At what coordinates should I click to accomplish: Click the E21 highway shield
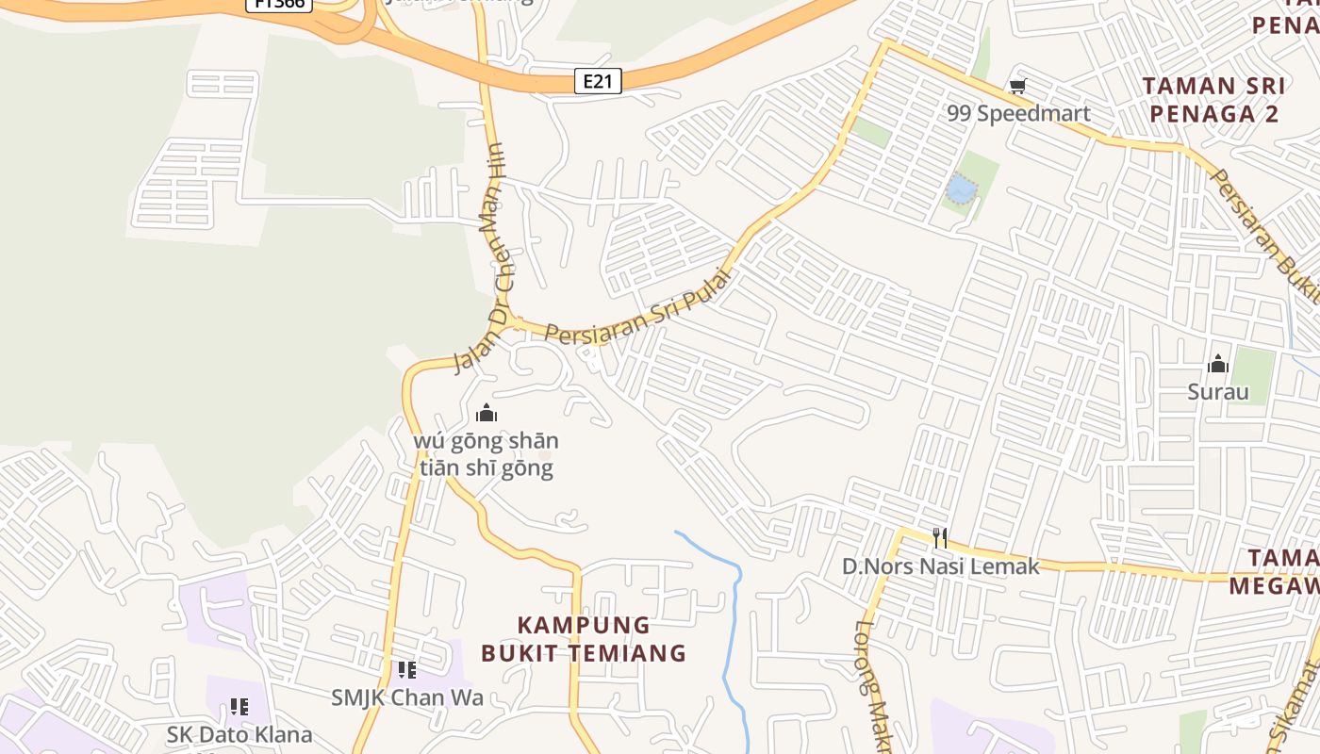click(598, 81)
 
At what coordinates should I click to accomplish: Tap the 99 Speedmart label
click(1018, 114)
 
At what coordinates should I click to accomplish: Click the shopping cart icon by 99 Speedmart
click(1017, 88)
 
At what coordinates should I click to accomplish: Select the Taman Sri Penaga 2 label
click(1213, 100)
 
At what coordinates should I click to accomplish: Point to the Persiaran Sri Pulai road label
click(639, 307)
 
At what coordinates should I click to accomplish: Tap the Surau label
click(1217, 392)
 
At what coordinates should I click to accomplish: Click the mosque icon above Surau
click(1218, 364)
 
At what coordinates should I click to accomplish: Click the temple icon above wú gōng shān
click(487, 413)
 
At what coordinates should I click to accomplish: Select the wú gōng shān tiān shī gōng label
click(487, 453)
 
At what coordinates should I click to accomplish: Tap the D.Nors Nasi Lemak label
click(940, 566)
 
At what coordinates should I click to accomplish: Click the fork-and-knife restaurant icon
click(939, 538)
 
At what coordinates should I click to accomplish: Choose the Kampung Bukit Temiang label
click(584, 638)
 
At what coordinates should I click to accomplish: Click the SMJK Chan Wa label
click(406, 697)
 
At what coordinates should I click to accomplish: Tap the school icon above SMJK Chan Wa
click(406, 670)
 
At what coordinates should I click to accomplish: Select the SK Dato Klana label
click(239, 733)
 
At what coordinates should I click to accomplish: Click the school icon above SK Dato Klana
click(239, 707)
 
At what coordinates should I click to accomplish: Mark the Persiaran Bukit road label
click(1264, 236)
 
